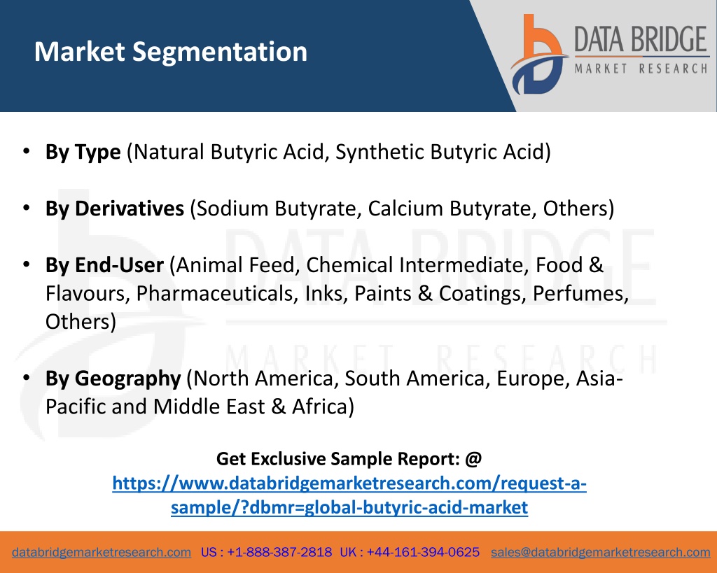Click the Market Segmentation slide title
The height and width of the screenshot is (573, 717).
171,52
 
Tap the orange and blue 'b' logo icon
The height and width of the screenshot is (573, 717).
538,55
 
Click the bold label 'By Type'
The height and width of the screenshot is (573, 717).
83,153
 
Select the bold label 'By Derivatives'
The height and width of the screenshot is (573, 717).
114,208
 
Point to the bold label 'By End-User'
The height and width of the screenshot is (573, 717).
104,265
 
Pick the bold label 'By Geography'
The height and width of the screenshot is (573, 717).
113,379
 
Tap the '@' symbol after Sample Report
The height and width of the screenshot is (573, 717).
473,459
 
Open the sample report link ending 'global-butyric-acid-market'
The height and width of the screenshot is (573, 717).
349,495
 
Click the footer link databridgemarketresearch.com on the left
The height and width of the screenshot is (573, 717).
102,553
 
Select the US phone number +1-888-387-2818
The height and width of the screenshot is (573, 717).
279,553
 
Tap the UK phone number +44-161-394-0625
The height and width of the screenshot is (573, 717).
423,553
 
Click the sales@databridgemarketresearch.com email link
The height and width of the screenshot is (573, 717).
600,553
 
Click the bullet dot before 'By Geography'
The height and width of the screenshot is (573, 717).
27,377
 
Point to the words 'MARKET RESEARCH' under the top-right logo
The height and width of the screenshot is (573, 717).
641,69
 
